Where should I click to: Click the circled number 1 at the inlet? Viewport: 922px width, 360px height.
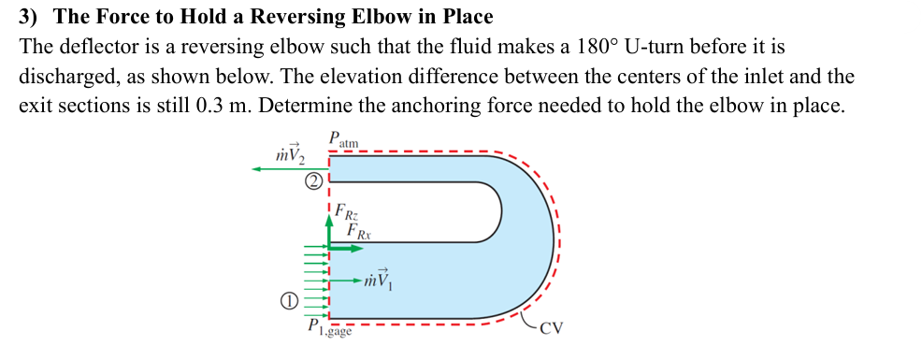290,301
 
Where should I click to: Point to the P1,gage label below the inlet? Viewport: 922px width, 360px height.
329,328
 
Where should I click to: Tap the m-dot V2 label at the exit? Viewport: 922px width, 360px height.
283,151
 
